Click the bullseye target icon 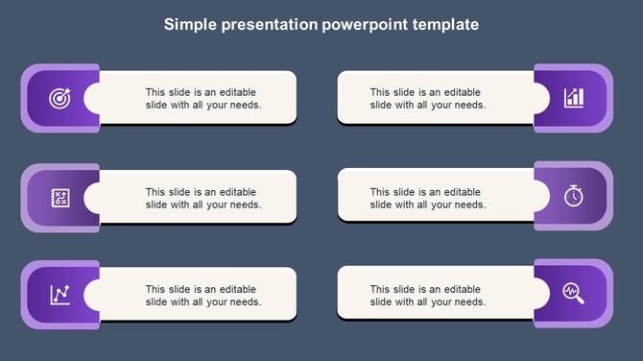pyautogui.click(x=60, y=98)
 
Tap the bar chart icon pyautogui.click(x=573, y=98)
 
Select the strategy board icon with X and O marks pyautogui.click(x=60, y=197)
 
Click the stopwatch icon pyautogui.click(x=573, y=196)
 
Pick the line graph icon pyautogui.click(x=60, y=294)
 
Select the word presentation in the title pyautogui.click(x=268, y=24)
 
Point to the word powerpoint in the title pyautogui.click(x=363, y=24)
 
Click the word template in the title pyautogui.click(x=444, y=24)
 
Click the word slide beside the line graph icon pyautogui.click(x=158, y=301)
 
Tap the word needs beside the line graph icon pyautogui.click(x=244, y=301)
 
